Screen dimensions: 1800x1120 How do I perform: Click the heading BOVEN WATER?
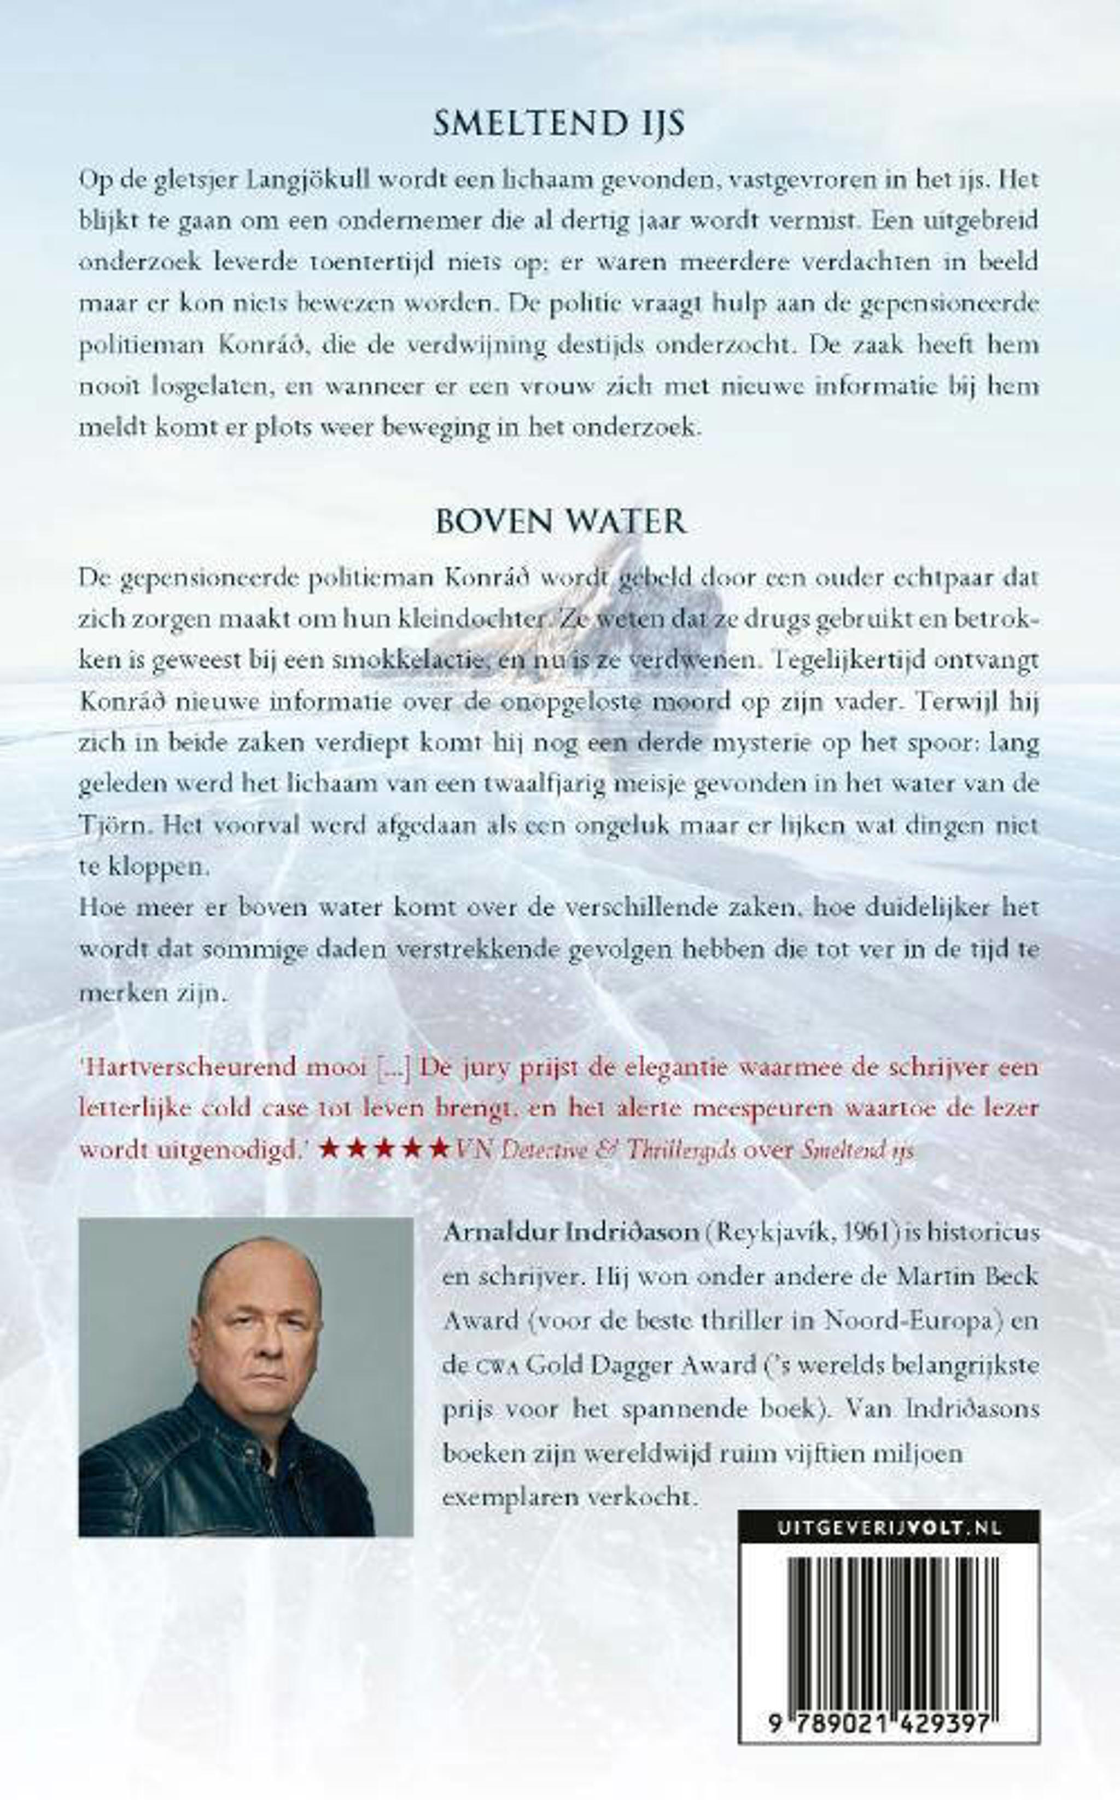561,522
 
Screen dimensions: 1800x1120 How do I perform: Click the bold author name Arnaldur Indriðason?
570,1232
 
